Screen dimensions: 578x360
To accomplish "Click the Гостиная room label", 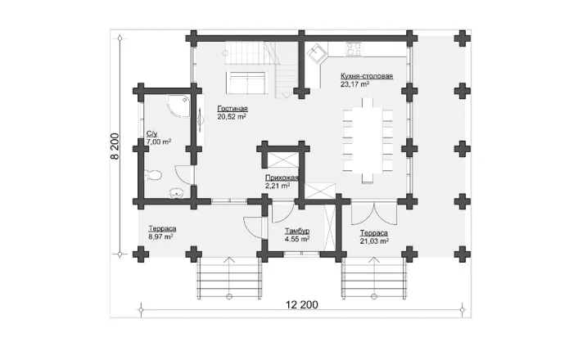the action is [x=233, y=109].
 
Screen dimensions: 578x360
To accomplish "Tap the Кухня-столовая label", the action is [x=367, y=76].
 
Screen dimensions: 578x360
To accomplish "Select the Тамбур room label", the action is [x=296, y=231].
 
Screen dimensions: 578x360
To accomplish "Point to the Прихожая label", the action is [x=282, y=178].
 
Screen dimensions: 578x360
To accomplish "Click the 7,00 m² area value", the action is [x=159, y=142].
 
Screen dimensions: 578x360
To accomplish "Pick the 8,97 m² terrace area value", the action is [x=160, y=236].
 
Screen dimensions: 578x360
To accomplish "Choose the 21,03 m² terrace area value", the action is [x=374, y=241].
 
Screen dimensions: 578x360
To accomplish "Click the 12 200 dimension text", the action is [x=301, y=305].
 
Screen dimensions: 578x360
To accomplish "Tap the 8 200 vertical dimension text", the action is [x=115, y=146].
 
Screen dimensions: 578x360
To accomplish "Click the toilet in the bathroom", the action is [x=152, y=175].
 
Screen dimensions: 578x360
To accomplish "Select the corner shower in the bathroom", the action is [x=178, y=106].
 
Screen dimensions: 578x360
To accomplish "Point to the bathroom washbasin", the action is [x=178, y=193].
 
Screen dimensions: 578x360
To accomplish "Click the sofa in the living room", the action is [x=246, y=82].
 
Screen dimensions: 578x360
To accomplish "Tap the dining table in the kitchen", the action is [x=367, y=140].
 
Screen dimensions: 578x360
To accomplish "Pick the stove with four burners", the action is [x=354, y=49].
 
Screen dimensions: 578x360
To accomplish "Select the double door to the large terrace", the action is [x=374, y=213].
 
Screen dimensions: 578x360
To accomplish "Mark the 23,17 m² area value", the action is [x=355, y=84].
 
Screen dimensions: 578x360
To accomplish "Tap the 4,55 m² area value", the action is [x=296, y=239].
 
